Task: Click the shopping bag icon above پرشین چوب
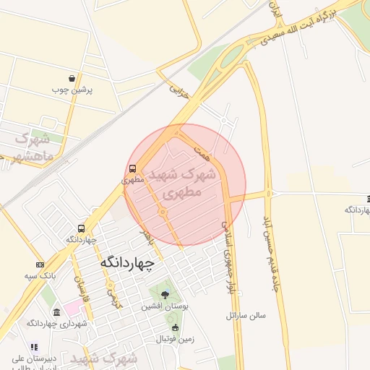[x=72, y=78]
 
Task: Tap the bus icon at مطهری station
[x=132, y=168]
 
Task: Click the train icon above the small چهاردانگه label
[x=80, y=228]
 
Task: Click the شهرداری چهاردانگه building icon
[x=57, y=312]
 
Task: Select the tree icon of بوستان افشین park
[x=165, y=294]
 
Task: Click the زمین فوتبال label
[x=177, y=338]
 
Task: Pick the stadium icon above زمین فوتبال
[x=175, y=327]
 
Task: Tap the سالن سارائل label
[x=246, y=315]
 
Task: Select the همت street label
[x=202, y=151]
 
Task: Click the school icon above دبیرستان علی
[x=34, y=347]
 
